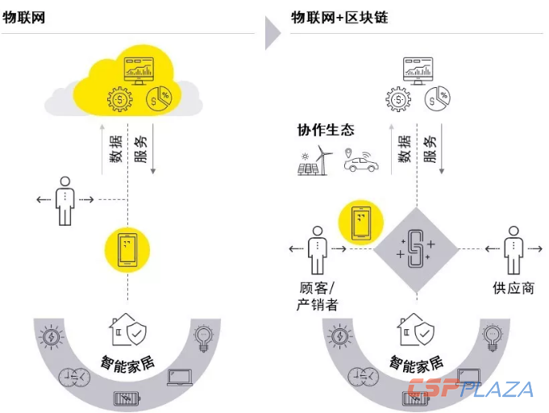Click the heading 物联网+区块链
point(339,16)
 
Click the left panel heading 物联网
point(23,16)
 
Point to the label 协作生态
point(326,130)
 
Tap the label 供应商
point(513,288)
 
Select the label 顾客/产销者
point(317,296)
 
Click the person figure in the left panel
point(64,199)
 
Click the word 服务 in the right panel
point(430,148)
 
